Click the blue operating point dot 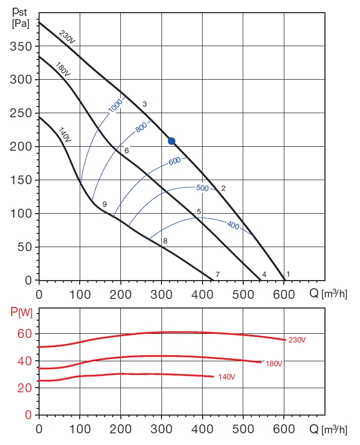[x=172, y=141]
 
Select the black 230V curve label [x=67, y=39]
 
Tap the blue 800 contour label [x=142, y=127]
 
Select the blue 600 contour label [x=175, y=161]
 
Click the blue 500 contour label [x=202, y=188]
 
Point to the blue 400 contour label [x=233, y=225]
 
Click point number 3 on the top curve [x=145, y=104]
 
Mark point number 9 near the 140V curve [x=104, y=204]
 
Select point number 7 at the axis [x=217, y=275]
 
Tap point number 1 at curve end [x=288, y=274]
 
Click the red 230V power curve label [x=297, y=340]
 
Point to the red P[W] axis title [x=22, y=313]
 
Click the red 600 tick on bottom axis [x=284, y=429]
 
